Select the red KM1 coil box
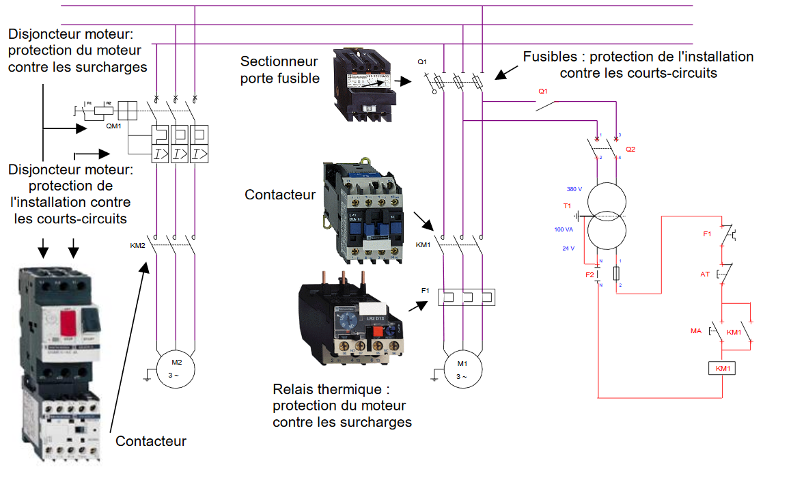pyautogui.click(x=722, y=369)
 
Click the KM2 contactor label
pyautogui.click(x=138, y=244)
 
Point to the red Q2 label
pyautogui.click(x=630, y=149)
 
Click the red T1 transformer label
pyautogui.click(x=567, y=206)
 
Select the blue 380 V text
pyautogui.click(x=574, y=189)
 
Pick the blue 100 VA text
pyautogui.click(x=564, y=229)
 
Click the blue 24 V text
pyautogui.click(x=568, y=249)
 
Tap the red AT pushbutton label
pyautogui.click(x=706, y=274)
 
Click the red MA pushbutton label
pyautogui.click(x=696, y=331)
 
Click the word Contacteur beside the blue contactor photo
pyautogui.click(x=280, y=195)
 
